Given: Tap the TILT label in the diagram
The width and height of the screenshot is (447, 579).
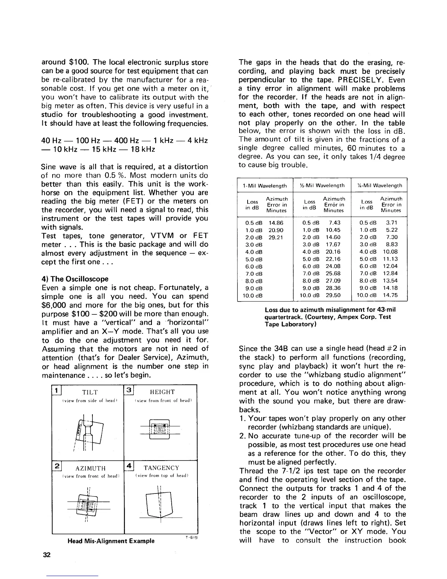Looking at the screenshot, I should [90, 392].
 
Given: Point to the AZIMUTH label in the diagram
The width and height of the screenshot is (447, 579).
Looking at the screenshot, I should [91, 468].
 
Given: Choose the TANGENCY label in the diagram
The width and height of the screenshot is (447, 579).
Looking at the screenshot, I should [162, 468].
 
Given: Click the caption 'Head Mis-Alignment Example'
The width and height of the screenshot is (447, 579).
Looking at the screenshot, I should [111, 541].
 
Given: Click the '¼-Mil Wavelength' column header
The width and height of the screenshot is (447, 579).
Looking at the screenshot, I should [379, 186].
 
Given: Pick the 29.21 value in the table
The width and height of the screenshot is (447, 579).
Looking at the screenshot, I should [276, 237].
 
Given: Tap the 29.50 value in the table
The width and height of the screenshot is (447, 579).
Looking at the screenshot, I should [333, 295].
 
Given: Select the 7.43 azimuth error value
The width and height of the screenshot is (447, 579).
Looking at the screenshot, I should [335, 223].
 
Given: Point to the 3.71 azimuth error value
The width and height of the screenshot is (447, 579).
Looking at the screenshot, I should [391, 223].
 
